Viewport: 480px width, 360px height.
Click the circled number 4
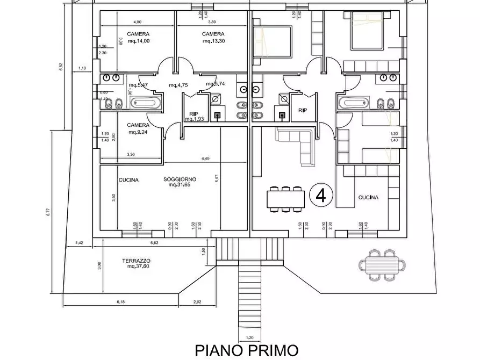click(x=321, y=196)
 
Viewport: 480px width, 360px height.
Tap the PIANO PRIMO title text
click(x=246, y=350)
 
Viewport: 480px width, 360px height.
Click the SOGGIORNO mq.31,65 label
click(x=180, y=182)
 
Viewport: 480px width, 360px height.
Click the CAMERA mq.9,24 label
click(x=138, y=128)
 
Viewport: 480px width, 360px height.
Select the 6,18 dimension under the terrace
click(x=120, y=302)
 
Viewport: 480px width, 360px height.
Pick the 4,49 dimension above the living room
click(x=205, y=159)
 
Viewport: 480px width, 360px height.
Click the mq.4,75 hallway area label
click(x=177, y=85)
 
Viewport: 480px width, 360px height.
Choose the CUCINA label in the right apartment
click(x=368, y=197)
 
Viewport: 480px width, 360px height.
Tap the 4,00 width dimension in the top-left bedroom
click(x=137, y=22)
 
